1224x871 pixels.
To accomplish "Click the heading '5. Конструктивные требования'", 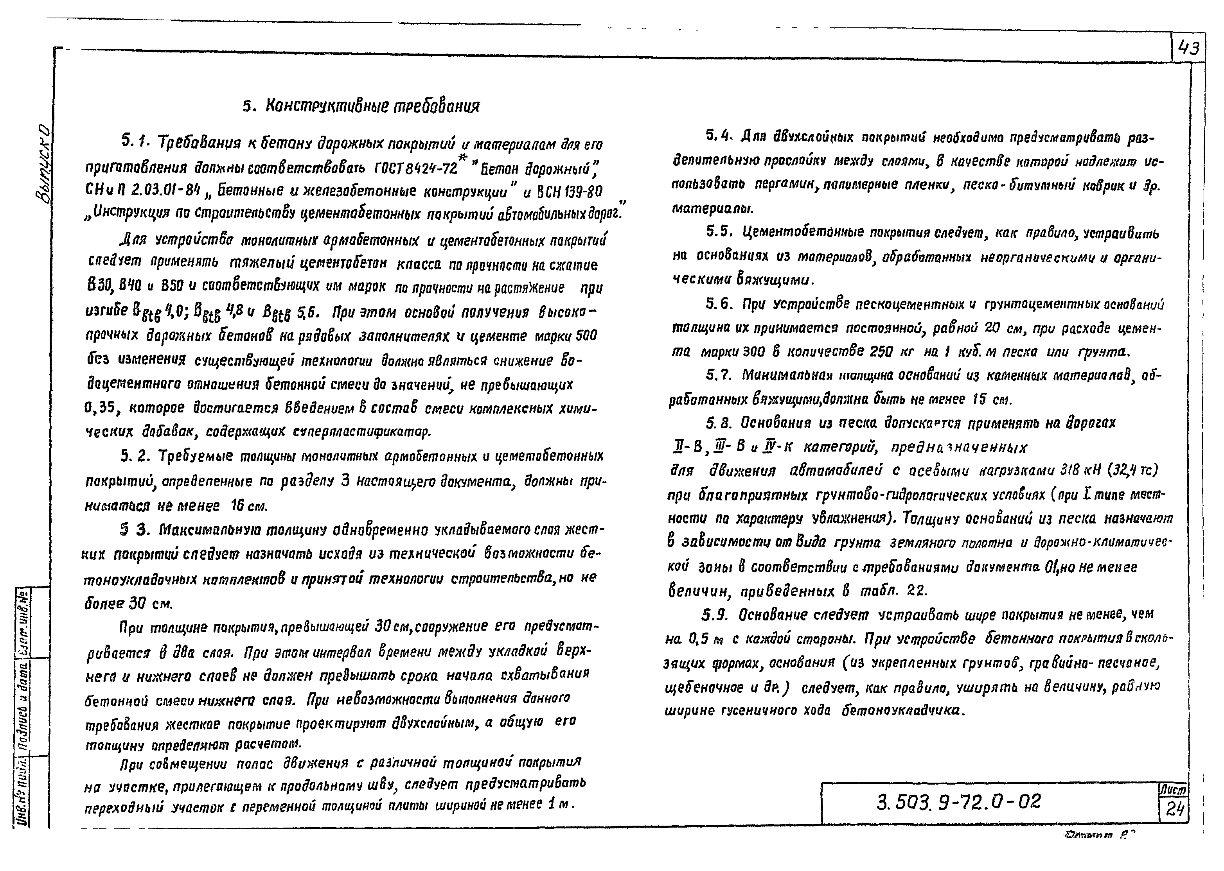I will pyautogui.click(x=361, y=106).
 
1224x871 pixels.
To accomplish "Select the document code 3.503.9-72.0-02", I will pyautogui.click(x=958, y=802).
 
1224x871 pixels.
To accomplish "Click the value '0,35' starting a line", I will pyautogui.click(x=101, y=408).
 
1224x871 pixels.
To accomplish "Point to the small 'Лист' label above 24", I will pyautogui.click(x=1174, y=790).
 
